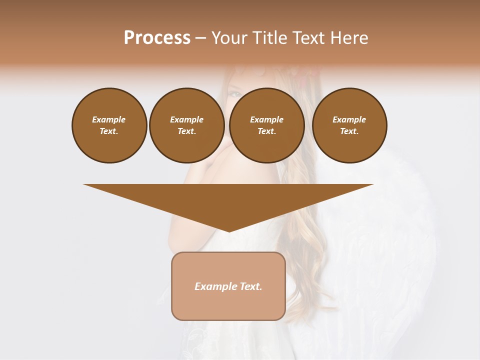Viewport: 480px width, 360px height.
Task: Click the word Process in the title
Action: click(x=157, y=38)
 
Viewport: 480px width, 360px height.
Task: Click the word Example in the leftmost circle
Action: click(x=109, y=119)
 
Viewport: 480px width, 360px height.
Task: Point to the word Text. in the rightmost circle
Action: click(x=349, y=131)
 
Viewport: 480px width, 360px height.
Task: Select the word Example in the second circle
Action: click(x=186, y=119)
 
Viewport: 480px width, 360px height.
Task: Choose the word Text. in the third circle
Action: click(x=266, y=131)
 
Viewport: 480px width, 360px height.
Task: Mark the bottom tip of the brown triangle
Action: click(x=228, y=230)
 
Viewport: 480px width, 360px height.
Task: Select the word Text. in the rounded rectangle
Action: click(x=251, y=286)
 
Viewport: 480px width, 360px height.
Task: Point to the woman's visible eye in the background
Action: click(x=234, y=93)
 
